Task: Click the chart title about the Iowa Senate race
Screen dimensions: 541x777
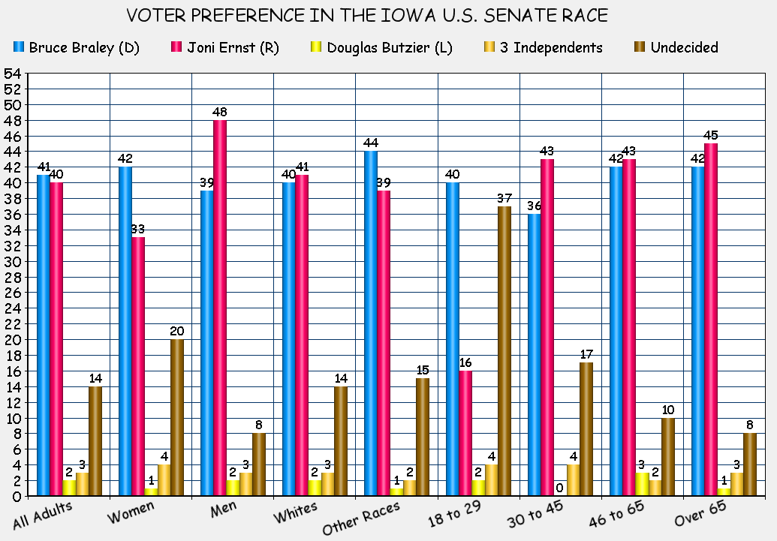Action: pyautogui.click(x=366, y=16)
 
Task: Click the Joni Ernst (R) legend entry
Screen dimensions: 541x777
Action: pyautogui.click(x=226, y=48)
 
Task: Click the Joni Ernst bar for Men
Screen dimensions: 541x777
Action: pyautogui.click(x=220, y=308)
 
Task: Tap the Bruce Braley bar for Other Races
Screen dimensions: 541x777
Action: pyautogui.click(x=371, y=323)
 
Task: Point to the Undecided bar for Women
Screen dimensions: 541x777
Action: pyautogui.click(x=177, y=417)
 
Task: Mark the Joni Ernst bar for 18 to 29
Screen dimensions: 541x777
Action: pyautogui.click(x=465, y=433)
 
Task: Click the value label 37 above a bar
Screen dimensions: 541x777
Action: pyautogui.click(x=504, y=198)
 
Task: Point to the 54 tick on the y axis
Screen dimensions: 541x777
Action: pyautogui.click(x=12, y=74)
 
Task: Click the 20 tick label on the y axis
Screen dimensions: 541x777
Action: pyautogui.click(x=12, y=340)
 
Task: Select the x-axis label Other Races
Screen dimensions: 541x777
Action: pyautogui.click(x=362, y=518)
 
